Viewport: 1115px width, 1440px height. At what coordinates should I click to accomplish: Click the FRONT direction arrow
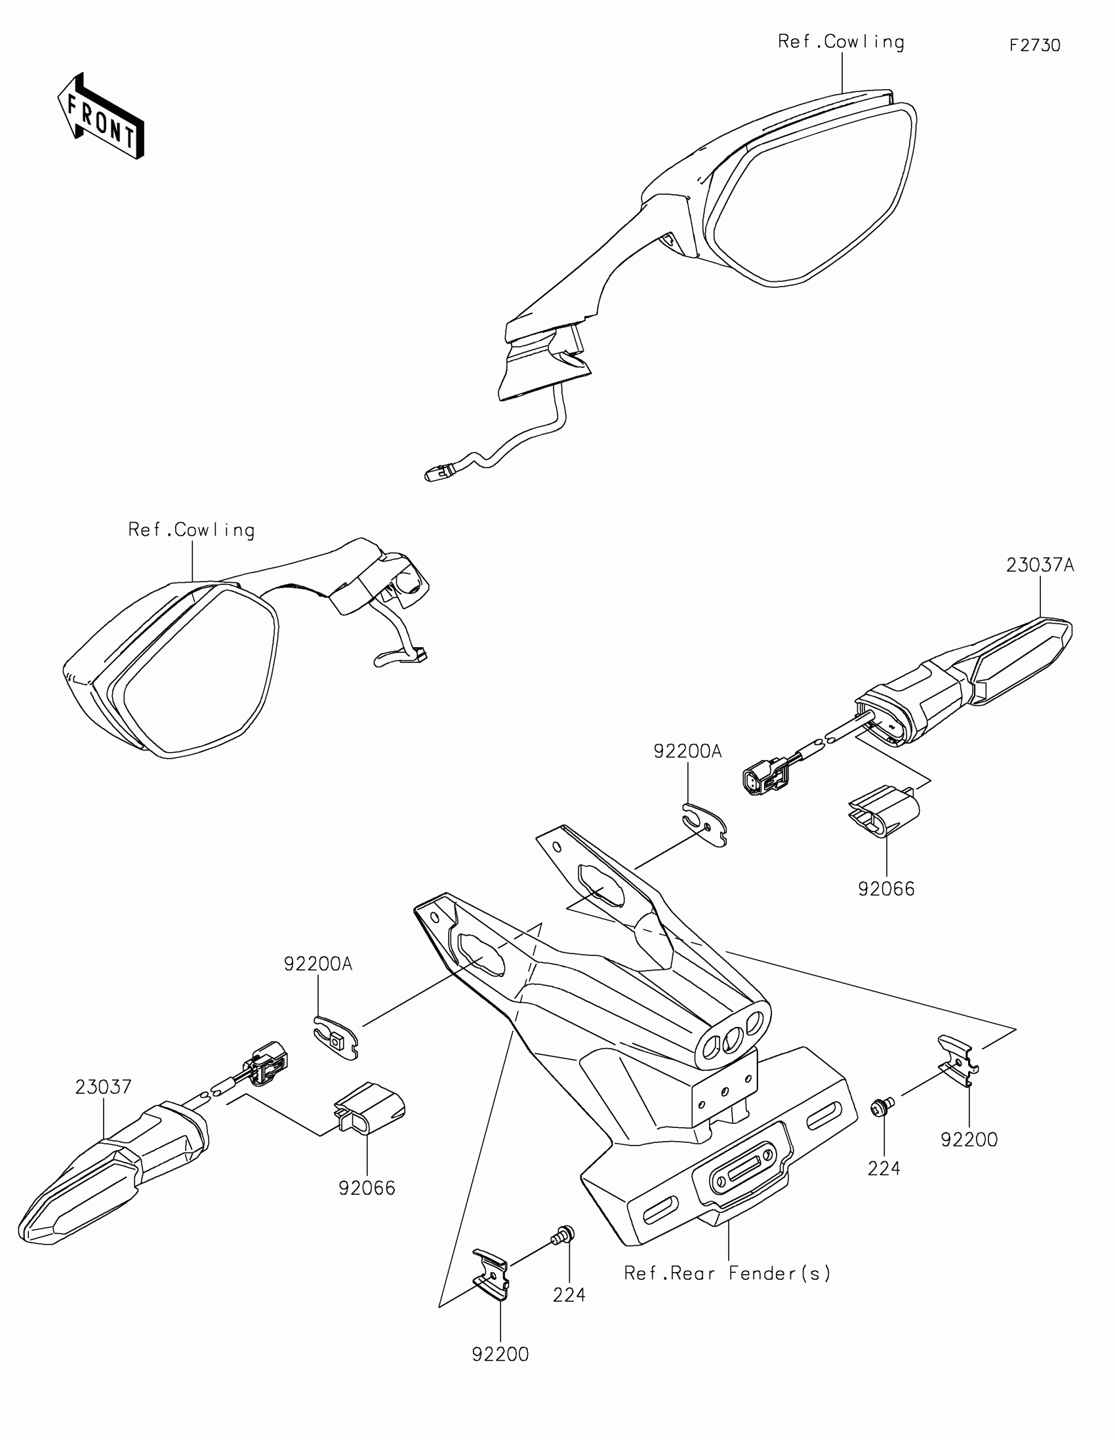101,117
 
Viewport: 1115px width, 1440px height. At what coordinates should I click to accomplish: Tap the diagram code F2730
1034,45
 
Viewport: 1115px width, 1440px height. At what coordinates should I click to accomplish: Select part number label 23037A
1040,565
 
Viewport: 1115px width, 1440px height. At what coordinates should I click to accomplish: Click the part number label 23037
103,1087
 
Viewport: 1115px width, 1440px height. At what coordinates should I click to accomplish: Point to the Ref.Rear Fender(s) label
727,1273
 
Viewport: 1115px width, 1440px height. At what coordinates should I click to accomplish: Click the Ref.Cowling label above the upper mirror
841,42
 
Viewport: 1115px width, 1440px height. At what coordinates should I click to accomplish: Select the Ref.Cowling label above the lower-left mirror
192,530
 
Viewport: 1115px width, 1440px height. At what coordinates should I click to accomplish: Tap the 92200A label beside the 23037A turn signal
688,751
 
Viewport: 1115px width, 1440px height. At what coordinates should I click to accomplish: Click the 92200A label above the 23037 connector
318,964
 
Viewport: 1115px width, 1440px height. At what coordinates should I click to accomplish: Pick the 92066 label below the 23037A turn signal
886,889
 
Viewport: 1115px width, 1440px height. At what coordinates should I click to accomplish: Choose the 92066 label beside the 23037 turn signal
367,1189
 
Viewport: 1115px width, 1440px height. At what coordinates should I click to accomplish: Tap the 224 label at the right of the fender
883,1169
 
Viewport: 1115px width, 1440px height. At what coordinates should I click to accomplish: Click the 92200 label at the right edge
969,1140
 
